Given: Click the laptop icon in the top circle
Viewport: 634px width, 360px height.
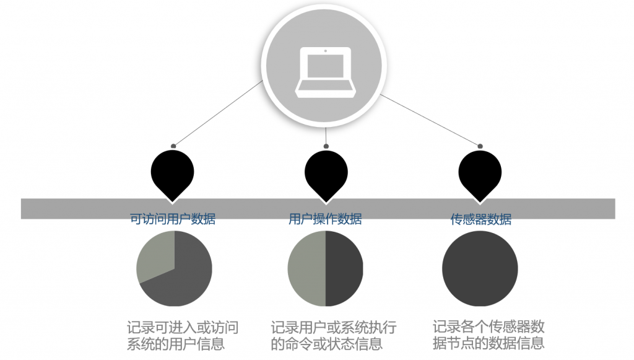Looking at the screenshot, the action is (x=326, y=72).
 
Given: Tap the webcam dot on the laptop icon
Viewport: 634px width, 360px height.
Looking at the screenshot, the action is (x=326, y=51).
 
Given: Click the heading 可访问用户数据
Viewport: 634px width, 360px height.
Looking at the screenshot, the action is (x=173, y=219).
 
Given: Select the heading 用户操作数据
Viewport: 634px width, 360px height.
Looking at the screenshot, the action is (x=325, y=219).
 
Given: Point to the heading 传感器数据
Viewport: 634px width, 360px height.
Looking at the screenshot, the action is (x=480, y=219).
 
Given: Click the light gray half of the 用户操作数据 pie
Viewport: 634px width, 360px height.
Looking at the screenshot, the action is (x=306, y=268).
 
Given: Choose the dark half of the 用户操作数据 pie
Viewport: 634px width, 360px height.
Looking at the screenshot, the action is (x=344, y=268).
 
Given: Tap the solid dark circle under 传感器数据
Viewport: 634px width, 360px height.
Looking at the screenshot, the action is (x=480, y=268).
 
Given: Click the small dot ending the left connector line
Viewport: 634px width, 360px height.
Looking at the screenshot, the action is (x=173, y=146).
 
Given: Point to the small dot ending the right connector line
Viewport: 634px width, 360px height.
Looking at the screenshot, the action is (x=480, y=146).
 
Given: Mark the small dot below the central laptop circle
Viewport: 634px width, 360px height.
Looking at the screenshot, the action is (x=326, y=146).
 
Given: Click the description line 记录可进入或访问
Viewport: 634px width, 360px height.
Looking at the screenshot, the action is (x=183, y=327).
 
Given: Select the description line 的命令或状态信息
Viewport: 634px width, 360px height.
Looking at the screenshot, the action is (x=327, y=344).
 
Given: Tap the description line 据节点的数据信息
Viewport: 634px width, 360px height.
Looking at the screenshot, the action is (x=489, y=343).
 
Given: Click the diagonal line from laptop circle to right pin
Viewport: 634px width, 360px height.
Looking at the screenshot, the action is (x=430, y=120).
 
